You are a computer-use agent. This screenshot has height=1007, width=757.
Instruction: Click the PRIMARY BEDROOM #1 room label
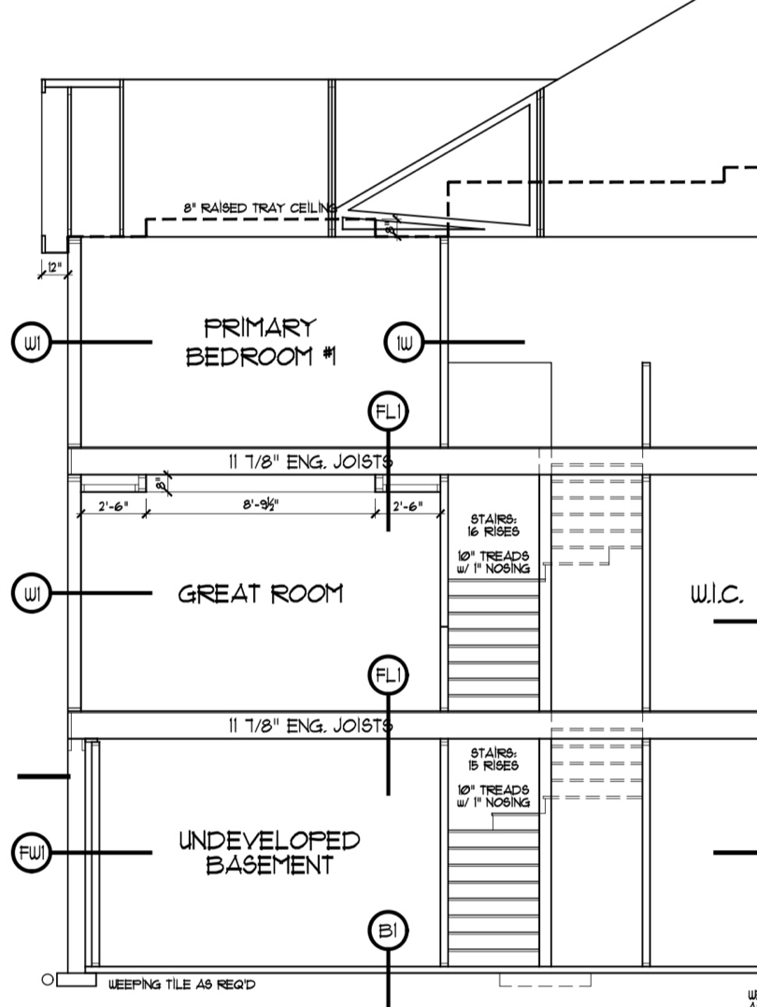click(261, 342)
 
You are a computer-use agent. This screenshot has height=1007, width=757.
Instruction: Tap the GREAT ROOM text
click(261, 594)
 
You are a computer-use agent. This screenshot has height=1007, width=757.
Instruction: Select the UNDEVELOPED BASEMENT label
click(269, 853)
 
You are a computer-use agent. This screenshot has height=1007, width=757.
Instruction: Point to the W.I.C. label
click(717, 594)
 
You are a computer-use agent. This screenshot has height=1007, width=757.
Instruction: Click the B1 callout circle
click(389, 930)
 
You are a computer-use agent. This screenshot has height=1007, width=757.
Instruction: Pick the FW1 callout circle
click(31, 853)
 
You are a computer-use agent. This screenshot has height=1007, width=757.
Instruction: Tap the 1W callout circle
click(405, 343)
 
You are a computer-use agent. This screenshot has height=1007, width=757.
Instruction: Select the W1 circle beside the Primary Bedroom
click(31, 343)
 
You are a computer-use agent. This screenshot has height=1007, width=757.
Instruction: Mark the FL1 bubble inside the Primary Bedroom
click(389, 412)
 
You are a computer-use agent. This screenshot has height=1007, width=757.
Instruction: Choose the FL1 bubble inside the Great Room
click(389, 675)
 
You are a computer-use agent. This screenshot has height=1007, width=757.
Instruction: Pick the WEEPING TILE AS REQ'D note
click(182, 985)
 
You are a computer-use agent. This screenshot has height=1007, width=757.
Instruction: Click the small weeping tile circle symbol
click(47, 980)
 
